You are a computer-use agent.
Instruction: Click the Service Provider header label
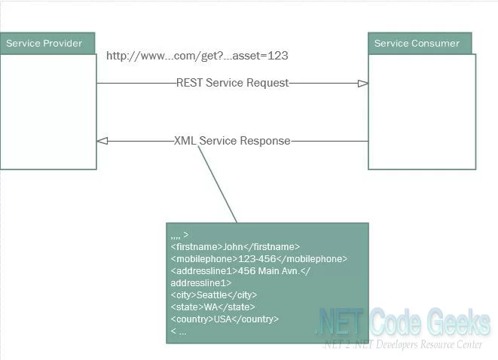pyautogui.click(x=44, y=43)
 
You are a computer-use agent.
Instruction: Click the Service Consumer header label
pyautogui.click(x=417, y=43)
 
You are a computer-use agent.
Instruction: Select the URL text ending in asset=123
pyautogui.click(x=197, y=56)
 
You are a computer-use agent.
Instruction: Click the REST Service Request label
pyautogui.click(x=232, y=83)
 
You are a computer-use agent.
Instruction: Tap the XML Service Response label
pyautogui.click(x=232, y=141)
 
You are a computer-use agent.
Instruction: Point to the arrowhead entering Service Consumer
pyautogui.click(x=363, y=84)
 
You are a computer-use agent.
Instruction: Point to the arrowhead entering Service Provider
pyautogui.click(x=102, y=141)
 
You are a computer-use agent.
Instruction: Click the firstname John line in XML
pyautogui.click(x=235, y=246)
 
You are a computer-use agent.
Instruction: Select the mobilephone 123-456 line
pyautogui.click(x=258, y=258)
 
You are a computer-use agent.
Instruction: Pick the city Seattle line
pyautogui.click(x=214, y=294)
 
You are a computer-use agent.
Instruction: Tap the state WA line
pyautogui.click(x=212, y=307)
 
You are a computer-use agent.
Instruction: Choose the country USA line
pyautogui.click(x=225, y=319)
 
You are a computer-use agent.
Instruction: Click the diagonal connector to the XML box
pyautogui.click(x=217, y=183)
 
